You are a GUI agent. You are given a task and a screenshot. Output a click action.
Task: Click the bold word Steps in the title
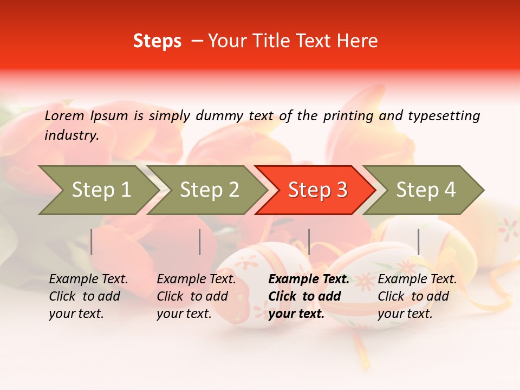[157, 41]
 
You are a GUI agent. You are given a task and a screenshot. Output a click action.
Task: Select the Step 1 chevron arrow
[97, 190]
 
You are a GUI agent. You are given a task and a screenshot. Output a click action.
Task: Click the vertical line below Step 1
[92, 242]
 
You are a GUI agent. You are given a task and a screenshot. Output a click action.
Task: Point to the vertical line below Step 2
[200, 242]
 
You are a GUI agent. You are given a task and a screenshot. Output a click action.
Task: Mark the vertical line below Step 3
[309, 242]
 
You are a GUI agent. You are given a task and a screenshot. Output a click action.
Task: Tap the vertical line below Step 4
[418, 242]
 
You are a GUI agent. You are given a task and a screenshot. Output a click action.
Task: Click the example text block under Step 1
[88, 296]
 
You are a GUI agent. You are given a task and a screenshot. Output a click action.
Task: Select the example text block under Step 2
[196, 296]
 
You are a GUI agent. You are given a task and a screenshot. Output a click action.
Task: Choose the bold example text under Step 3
[309, 296]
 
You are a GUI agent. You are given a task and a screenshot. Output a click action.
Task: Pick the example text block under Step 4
[417, 296]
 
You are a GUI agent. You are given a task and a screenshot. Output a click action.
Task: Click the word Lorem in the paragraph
[64, 115]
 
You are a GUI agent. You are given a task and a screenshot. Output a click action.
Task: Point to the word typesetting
[444, 116]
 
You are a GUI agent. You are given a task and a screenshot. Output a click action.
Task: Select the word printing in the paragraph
[348, 116]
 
